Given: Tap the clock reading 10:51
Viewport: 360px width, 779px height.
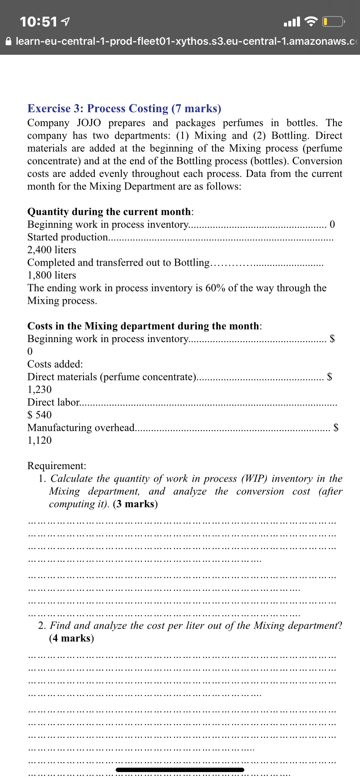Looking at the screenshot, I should pyautogui.click(x=38, y=21).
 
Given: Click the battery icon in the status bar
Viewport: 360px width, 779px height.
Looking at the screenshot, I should pyautogui.click(x=333, y=21).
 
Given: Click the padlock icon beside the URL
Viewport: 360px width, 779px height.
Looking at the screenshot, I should pyautogui.click(x=8, y=41).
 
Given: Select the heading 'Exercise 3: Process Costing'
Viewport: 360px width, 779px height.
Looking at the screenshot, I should pyautogui.click(x=98, y=108).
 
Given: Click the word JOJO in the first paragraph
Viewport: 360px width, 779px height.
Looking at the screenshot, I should pyautogui.click(x=89, y=123).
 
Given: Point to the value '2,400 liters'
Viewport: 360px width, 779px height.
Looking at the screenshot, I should pyautogui.click(x=52, y=250).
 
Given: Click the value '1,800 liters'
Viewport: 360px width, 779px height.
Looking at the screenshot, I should pyautogui.click(x=52, y=275).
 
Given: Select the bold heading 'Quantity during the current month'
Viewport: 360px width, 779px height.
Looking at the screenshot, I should pyautogui.click(x=109, y=212).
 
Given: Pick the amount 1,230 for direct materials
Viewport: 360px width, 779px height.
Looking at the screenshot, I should pyautogui.click(x=40, y=389).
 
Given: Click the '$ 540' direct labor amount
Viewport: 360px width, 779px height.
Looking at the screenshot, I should pyautogui.click(x=40, y=415).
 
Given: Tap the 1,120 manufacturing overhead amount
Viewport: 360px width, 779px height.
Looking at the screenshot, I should pyautogui.click(x=40, y=440).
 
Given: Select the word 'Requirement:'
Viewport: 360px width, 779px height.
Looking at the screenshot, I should pyautogui.click(x=57, y=466).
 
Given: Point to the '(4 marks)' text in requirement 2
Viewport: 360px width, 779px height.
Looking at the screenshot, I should pyautogui.click(x=71, y=638).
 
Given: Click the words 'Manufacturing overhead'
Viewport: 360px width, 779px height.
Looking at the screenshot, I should pyautogui.click(x=81, y=428).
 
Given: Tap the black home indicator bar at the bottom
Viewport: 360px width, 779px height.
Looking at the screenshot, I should pyautogui.click(x=180, y=770).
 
